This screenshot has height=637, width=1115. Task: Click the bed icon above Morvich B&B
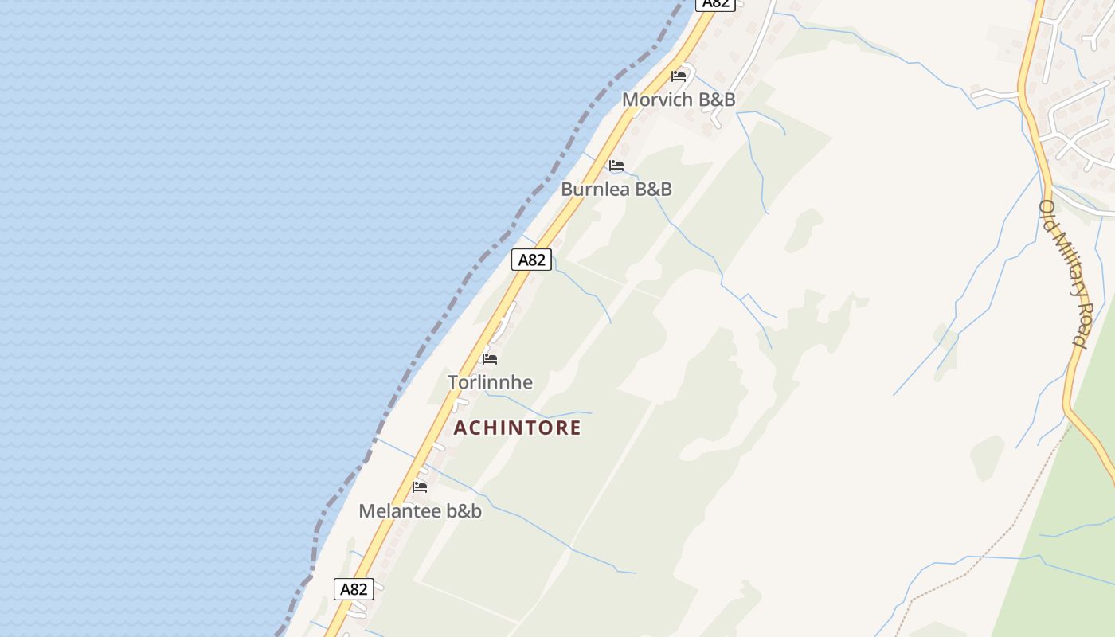pyautogui.click(x=679, y=76)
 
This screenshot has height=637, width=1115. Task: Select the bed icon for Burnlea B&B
pyautogui.click(x=616, y=166)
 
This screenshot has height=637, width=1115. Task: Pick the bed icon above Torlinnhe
pyautogui.click(x=490, y=359)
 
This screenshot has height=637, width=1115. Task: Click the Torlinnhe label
pyautogui.click(x=490, y=382)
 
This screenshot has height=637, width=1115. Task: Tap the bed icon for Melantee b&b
pyautogui.click(x=420, y=487)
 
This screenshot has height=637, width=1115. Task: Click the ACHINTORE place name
pyautogui.click(x=518, y=428)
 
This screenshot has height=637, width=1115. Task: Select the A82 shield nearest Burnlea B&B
pyautogui.click(x=531, y=260)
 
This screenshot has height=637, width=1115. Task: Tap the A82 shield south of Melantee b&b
pyautogui.click(x=354, y=589)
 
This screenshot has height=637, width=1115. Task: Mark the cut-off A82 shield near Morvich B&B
pyautogui.click(x=715, y=4)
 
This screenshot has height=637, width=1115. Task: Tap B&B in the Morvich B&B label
pyautogui.click(x=717, y=100)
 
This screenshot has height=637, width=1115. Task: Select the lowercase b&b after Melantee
pyautogui.click(x=464, y=511)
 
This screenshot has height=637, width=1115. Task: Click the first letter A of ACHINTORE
pyautogui.click(x=460, y=428)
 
